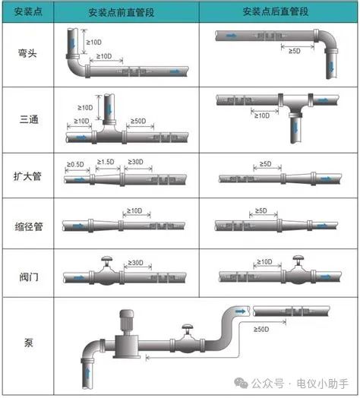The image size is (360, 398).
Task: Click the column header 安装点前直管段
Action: tap(122, 12)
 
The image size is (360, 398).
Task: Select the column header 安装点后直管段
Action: tap(276, 11)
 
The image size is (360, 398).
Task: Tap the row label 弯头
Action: tap(27, 53)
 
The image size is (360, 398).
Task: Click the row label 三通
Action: tap(29, 119)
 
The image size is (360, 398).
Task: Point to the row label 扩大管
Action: tap(27, 176)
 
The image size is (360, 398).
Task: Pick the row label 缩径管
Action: tap(28, 226)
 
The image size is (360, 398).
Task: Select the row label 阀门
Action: tap(29, 276)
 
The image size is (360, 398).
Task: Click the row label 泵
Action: tap(29, 343)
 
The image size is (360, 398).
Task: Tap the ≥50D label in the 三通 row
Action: tap(138, 121)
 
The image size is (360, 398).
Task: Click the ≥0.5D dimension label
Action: tap(75, 165)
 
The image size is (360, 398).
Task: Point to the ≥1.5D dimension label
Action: tap(106, 162)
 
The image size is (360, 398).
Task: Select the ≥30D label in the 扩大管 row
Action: tap(135, 162)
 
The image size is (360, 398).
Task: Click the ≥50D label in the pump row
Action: tap(261, 330)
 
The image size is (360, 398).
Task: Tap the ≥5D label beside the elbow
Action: tap(294, 51)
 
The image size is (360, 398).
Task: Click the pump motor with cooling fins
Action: tap(126, 321)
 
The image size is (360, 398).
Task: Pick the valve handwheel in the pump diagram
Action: tap(188, 327)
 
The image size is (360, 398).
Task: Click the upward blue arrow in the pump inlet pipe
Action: tap(87, 373)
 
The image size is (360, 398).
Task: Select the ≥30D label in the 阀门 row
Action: tap(135, 263)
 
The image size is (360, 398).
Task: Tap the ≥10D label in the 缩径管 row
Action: tap(134, 210)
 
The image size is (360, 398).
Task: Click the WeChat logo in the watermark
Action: tap(241, 383)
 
